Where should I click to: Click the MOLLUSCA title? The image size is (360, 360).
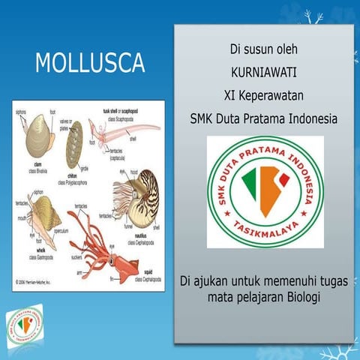[x=90, y=63]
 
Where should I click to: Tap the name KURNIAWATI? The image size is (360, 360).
[x=264, y=73]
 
